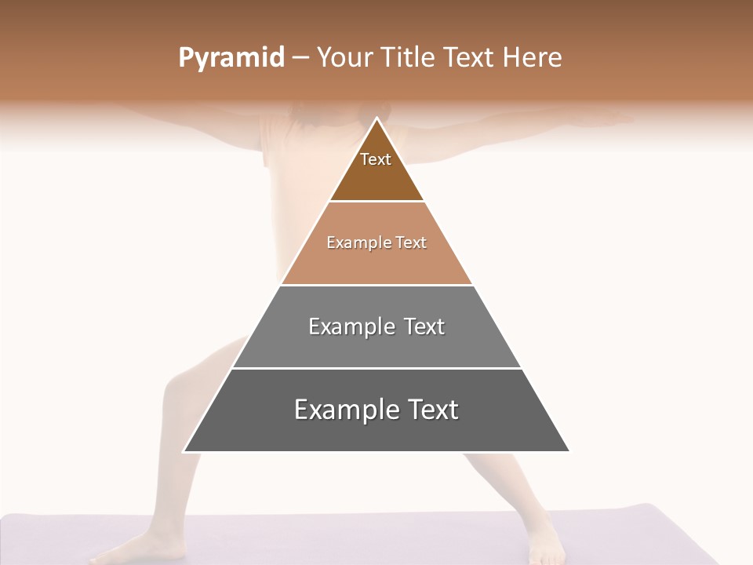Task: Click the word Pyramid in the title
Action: pos(231,58)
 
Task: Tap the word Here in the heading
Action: pos(532,58)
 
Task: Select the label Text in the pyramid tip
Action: pos(376,159)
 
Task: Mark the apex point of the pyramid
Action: pos(376,118)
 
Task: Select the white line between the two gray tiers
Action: pos(376,368)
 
